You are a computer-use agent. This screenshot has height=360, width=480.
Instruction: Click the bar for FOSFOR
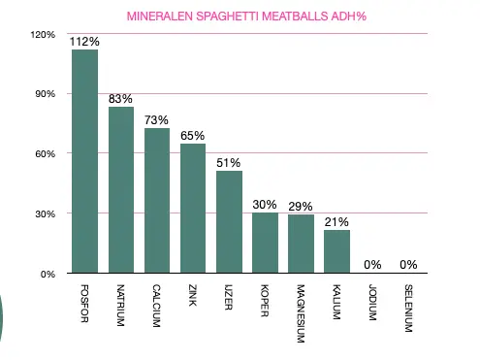[84, 161]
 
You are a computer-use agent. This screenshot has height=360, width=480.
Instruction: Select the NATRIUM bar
[121, 190]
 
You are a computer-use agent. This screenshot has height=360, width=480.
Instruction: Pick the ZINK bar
[193, 208]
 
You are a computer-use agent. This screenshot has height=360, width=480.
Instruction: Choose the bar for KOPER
[265, 243]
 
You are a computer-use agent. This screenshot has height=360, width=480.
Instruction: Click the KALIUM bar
[336, 251]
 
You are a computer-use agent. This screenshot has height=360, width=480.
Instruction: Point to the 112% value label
[84, 42]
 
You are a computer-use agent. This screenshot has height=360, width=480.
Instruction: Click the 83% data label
[121, 99]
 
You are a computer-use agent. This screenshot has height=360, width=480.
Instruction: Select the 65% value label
[193, 136]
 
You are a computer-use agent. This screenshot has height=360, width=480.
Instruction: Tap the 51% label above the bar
[229, 163]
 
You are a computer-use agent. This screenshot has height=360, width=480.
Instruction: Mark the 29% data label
[301, 207]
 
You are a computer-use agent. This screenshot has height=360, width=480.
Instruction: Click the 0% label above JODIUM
[372, 264]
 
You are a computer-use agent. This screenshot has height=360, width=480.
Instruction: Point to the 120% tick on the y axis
[44, 34]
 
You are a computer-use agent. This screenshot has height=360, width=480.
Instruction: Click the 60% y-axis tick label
[46, 153]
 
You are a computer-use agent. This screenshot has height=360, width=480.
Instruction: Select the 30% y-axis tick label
[46, 213]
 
